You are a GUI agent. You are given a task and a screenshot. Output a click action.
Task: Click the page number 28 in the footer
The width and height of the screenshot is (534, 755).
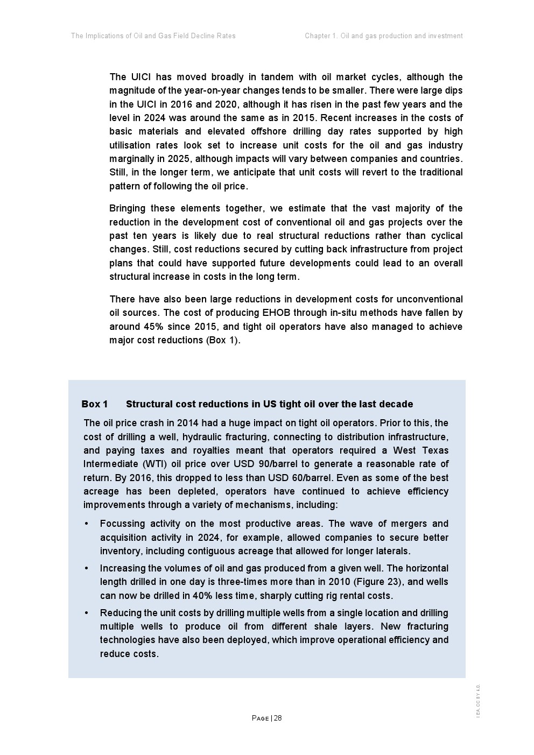[x=278, y=718]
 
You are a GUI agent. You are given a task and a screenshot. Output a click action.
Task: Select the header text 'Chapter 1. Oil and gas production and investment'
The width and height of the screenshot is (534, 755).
[x=383, y=36]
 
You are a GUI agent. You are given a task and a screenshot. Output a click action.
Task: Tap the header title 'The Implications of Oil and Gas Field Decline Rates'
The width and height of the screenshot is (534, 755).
[x=153, y=36]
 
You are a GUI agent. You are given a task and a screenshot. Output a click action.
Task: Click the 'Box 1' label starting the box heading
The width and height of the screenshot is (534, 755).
[x=95, y=404]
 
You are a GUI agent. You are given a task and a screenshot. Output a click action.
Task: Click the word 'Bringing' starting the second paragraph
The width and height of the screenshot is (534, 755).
[x=127, y=209]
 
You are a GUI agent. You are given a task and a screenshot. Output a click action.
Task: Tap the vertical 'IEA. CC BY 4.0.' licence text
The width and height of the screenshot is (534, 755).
[x=478, y=700]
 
